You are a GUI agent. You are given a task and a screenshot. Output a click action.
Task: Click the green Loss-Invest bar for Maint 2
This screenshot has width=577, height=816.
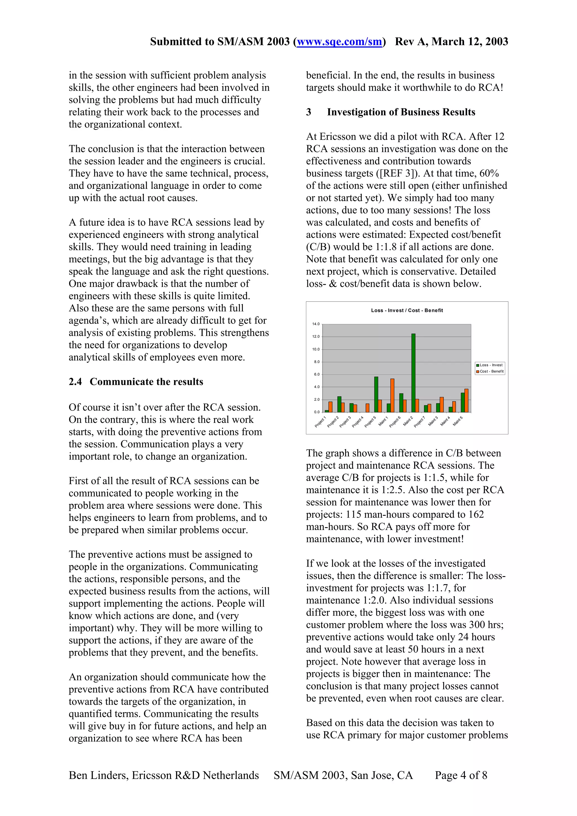coord(413,373)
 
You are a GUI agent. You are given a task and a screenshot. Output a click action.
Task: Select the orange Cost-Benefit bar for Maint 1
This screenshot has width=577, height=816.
coord(392,395)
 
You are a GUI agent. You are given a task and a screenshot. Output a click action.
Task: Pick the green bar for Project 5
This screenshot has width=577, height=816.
coord(376,394)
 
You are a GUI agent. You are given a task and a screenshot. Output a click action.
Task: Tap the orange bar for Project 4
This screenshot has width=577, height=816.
coord(367,408)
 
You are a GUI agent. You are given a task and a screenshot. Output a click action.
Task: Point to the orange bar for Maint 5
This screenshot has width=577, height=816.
coord(466,400)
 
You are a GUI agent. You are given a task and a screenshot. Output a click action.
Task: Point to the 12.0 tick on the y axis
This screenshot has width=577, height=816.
coord(316,336)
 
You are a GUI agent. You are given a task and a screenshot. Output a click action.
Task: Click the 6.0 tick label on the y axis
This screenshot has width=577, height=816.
coord(316,374)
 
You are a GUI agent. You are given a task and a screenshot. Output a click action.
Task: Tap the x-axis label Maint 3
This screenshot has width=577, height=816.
coord(433,421)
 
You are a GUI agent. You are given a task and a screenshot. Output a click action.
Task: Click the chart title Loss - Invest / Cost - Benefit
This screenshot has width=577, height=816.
coord(407,310)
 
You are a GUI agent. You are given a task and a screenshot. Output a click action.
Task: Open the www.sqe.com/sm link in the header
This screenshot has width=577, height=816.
coord(339,42)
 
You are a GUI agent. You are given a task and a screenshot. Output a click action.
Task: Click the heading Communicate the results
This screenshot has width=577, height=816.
coord(146,382)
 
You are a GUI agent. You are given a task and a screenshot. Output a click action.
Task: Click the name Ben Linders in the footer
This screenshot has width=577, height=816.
coord(97,775)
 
